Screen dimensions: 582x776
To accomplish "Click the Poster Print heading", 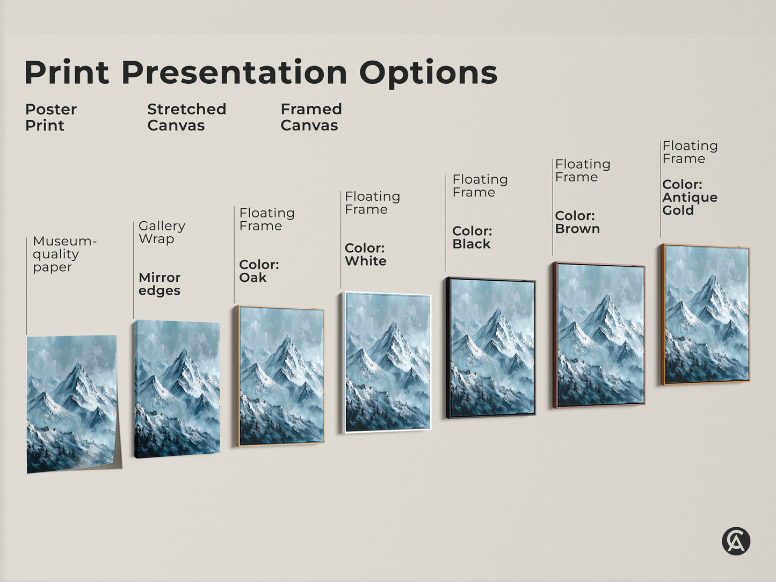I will click(50, 117).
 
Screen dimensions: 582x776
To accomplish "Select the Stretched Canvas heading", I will click(186, 117).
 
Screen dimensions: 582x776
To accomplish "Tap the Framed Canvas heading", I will click(311, 117).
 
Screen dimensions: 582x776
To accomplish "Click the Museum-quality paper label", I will click(64, 254).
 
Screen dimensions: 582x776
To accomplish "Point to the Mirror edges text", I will click(159, 284).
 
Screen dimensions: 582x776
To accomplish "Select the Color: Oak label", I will click(259, 271).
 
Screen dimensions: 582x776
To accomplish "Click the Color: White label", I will click(365, 254).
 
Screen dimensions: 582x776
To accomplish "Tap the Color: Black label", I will click(472, 237).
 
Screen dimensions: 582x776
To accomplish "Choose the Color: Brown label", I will click(577, 222).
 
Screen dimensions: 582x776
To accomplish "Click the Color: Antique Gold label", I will click(690, 197).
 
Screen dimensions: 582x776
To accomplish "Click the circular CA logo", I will click(736, 541).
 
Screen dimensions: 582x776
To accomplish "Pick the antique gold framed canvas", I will click(706, 315).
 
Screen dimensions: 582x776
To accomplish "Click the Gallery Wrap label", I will click(162, 232).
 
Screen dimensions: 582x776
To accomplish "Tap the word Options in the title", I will click(428, 72).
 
